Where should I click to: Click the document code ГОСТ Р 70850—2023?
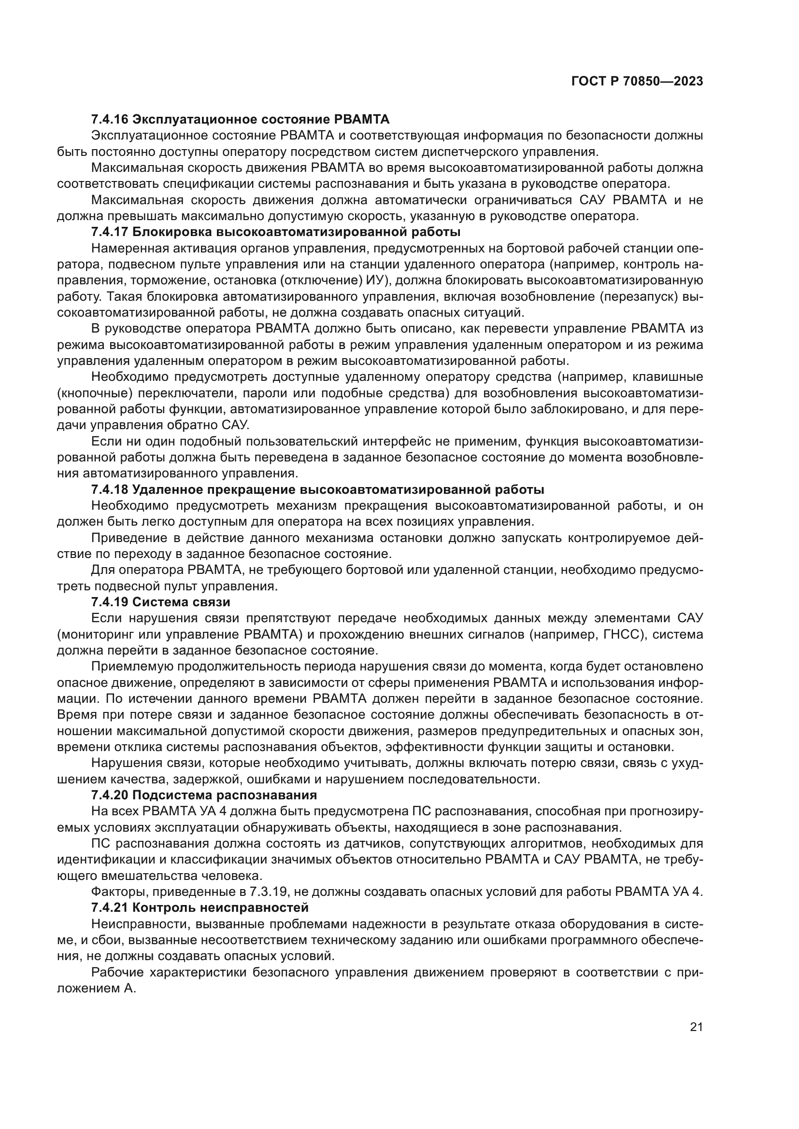pos(637,82)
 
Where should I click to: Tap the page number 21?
pos(696,1027)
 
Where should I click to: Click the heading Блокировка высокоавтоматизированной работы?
pos(296,232)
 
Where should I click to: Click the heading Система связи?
pos(181,602)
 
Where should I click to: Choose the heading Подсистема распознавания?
pos(224,795)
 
